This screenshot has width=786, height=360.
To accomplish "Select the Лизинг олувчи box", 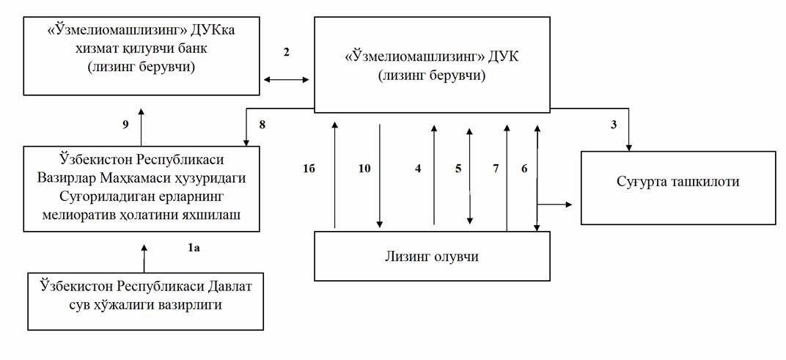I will click(433, 256).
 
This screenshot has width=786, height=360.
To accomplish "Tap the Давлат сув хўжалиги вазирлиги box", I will click(144, 301).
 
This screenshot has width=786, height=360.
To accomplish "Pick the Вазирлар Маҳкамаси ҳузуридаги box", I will click(141, 188).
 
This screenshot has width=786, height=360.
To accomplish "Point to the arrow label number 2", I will click(287, 52).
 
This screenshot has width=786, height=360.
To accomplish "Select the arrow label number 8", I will click(261, 125).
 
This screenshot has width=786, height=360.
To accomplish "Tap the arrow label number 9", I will click(125, 125).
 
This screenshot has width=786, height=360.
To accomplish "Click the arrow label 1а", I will click(194, 249).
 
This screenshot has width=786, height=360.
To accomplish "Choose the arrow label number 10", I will click(364, 168).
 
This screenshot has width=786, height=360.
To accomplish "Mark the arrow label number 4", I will click(418, 168).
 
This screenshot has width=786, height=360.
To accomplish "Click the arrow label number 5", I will click(458, 168).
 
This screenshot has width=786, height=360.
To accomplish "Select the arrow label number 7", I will click(496, 168).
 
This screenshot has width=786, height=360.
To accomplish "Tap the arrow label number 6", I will click(524, 168).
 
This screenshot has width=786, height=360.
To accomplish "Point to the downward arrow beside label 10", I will click(380, 176).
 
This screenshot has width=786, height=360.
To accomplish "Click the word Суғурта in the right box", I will click(642, 181).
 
